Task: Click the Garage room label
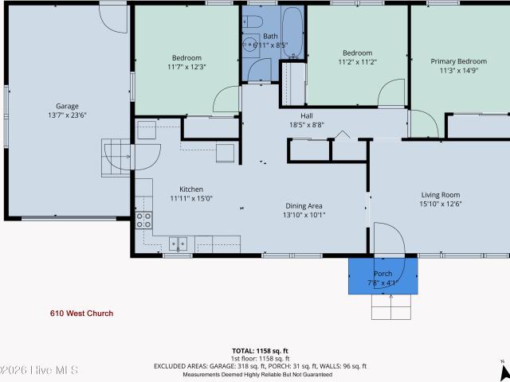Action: pyautogui.click(x=67, y=106)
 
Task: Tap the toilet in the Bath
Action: pyautogui.click(x=253, y=22)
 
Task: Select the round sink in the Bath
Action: pyautogui.click(x=249, y=43)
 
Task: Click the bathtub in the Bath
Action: pyautogui.click(x=292, y=33)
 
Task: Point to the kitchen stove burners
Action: pyautogui.click(x=143, y=220)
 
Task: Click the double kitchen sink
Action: pyautogui.click(x=178, y=244)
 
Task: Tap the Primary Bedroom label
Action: pyautogui.click(x=459, y=61)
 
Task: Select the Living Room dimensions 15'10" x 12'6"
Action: pyautogui.click(x=441, y=204)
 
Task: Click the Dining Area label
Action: pyautogui.click(x=304, y=206)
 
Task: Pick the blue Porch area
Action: pyautogui.click(x=382, y=276)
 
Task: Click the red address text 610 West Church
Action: pyautogui.click(x=81, y=314)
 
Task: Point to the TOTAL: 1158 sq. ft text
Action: pyautogui.click(x=260, y=351)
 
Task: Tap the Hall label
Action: pyautogui.click(x=307, y=116)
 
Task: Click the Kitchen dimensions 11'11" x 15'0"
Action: pyautogui.click(x=191, y=198)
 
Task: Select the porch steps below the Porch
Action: pyautogui.click(x=391, y=306)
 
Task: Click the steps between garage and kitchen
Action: pyautogui.click(x=116, y=158)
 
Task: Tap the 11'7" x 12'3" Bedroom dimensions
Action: pyautogui.click(x=186, y=67)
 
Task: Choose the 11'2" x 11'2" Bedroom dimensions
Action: pyautogui.click(x=358, y=62)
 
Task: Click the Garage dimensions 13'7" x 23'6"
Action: pyautogui.click(x=67, y=115)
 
